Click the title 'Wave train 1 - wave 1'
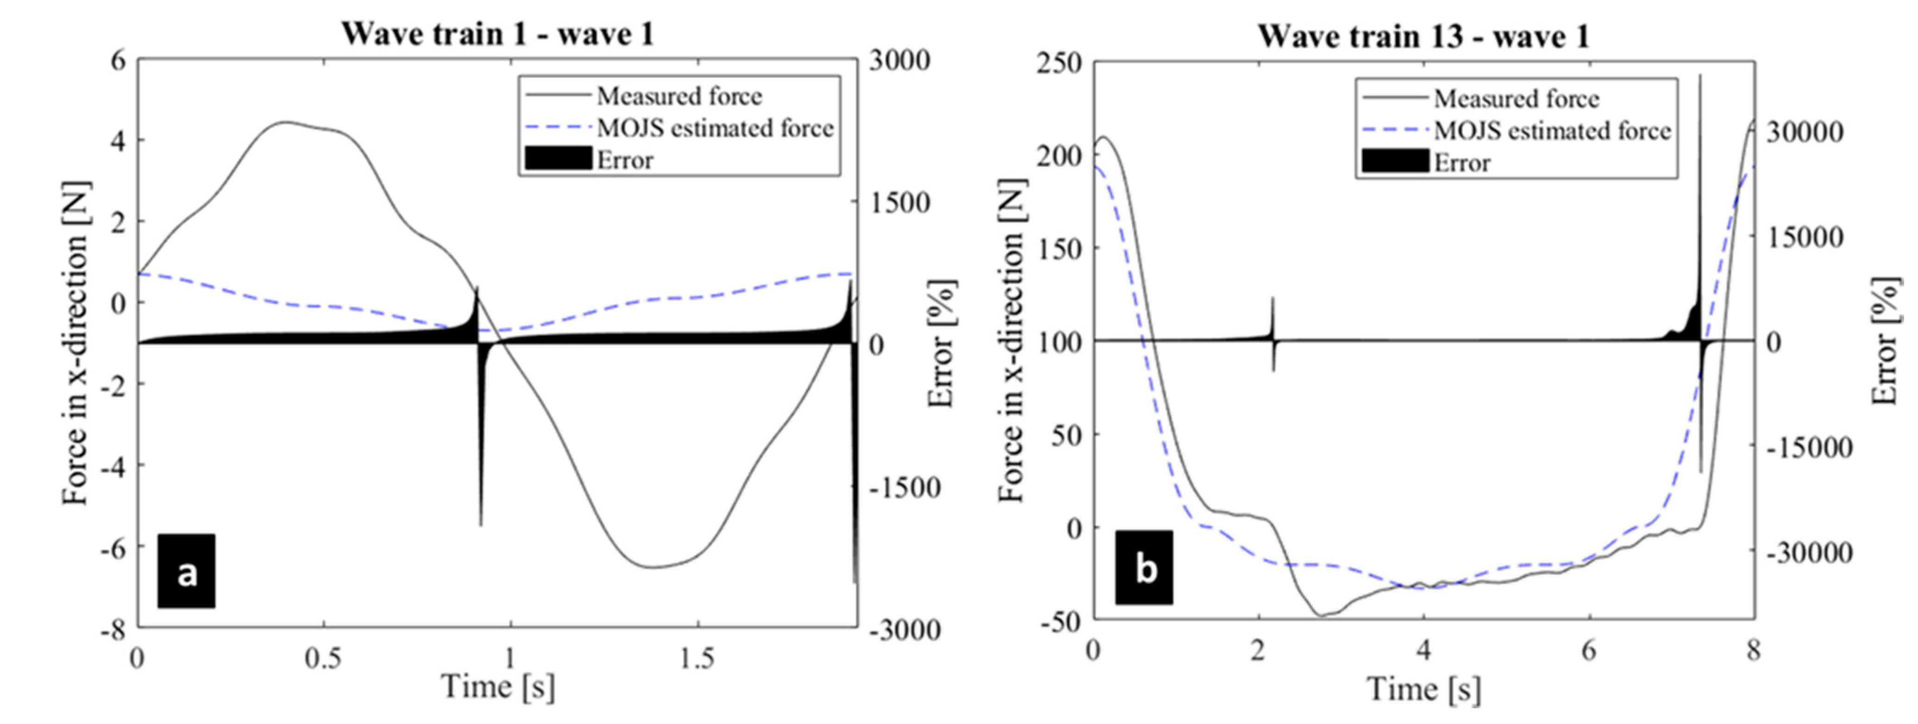click(x=497, y=34)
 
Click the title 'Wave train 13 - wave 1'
click(x=1423, y=36)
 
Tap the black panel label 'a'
click(x=186, y=571)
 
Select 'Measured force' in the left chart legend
click(x=679, y=96)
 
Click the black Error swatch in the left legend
click(x=557, y=159)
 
